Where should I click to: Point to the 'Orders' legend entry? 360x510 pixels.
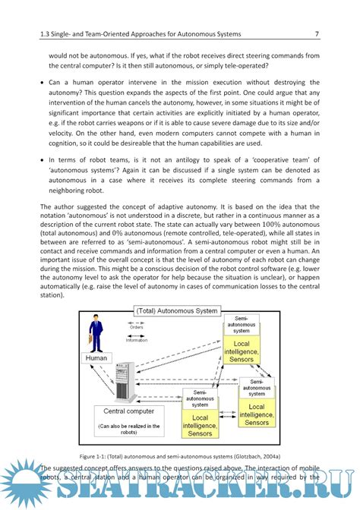tap(137, 329)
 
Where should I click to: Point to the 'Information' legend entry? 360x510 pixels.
tap(137, 340)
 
